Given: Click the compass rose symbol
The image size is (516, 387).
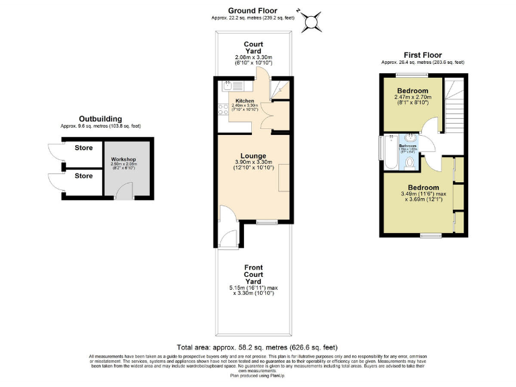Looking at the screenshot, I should click(x=311, y=21).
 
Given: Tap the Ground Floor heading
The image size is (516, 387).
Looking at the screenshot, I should click(x=252, y=10).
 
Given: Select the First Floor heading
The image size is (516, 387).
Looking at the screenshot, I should click(x=423, y=54).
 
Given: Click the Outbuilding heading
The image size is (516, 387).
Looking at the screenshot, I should click(x=100, y=118).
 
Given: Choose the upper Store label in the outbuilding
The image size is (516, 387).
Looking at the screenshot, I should click(x=84, y=148).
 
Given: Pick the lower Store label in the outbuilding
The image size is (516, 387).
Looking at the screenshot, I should click(x=84, y=176).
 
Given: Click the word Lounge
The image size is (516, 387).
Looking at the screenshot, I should click(x=254, y=156).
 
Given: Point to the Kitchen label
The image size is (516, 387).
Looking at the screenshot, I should click(x=245, y=101).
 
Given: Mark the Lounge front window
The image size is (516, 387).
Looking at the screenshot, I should click(x=267, y=221).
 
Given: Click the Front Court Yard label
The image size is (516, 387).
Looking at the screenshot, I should click(x=254, y=274).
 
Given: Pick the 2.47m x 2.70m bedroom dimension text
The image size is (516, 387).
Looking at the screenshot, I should click(x=413, y=98).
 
